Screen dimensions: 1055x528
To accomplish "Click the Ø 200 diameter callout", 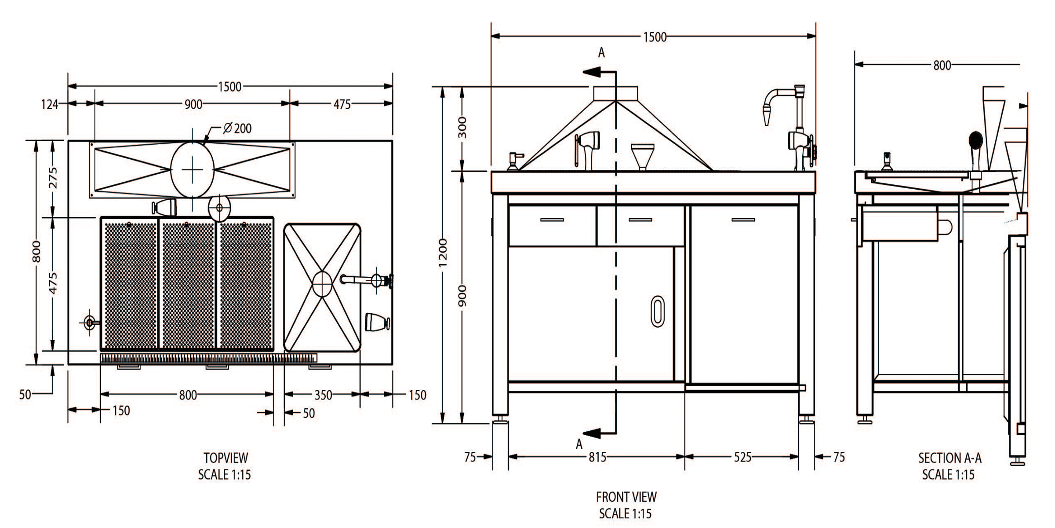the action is point(237,128).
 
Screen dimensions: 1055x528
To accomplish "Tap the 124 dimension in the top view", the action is point(49,104).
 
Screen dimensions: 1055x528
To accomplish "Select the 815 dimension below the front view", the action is point(597,457).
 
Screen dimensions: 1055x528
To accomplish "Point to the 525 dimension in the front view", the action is point(742,457).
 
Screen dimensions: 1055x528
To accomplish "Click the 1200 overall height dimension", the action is point(443,253).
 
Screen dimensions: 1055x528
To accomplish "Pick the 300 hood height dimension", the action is point(462,128).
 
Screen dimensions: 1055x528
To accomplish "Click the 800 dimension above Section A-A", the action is point(942,66).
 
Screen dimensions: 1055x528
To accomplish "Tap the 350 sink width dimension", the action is point(323,395).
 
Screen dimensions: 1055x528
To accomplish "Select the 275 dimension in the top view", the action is point(53,178).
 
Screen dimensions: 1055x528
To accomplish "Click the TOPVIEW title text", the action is point(226,458).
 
